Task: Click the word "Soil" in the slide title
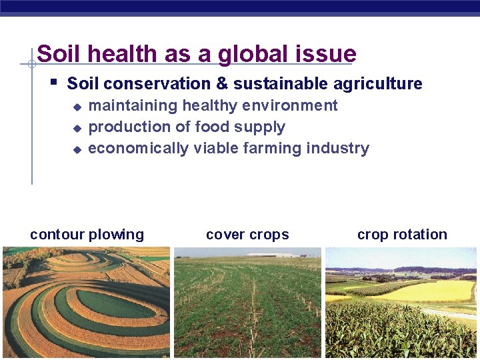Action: pyautogui.click(x=58, y=54)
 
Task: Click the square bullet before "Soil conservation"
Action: pyautogui.click(x=54, y=83)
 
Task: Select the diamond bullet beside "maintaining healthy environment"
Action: pyautogui.click(x=77, y=107)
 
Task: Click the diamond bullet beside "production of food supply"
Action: pyautogui.click(x=77, y=128)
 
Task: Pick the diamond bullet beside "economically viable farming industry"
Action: pyautogui.click(x=77, y=149)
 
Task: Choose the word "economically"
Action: pyautogui.click(x=139, y=148)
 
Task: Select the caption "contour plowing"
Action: pyautogui.click(x=87, y=235)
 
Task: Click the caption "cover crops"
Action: pyautogui.click(x=247, y=235)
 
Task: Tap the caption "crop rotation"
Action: pyautogui.click(x=402, y=235)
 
